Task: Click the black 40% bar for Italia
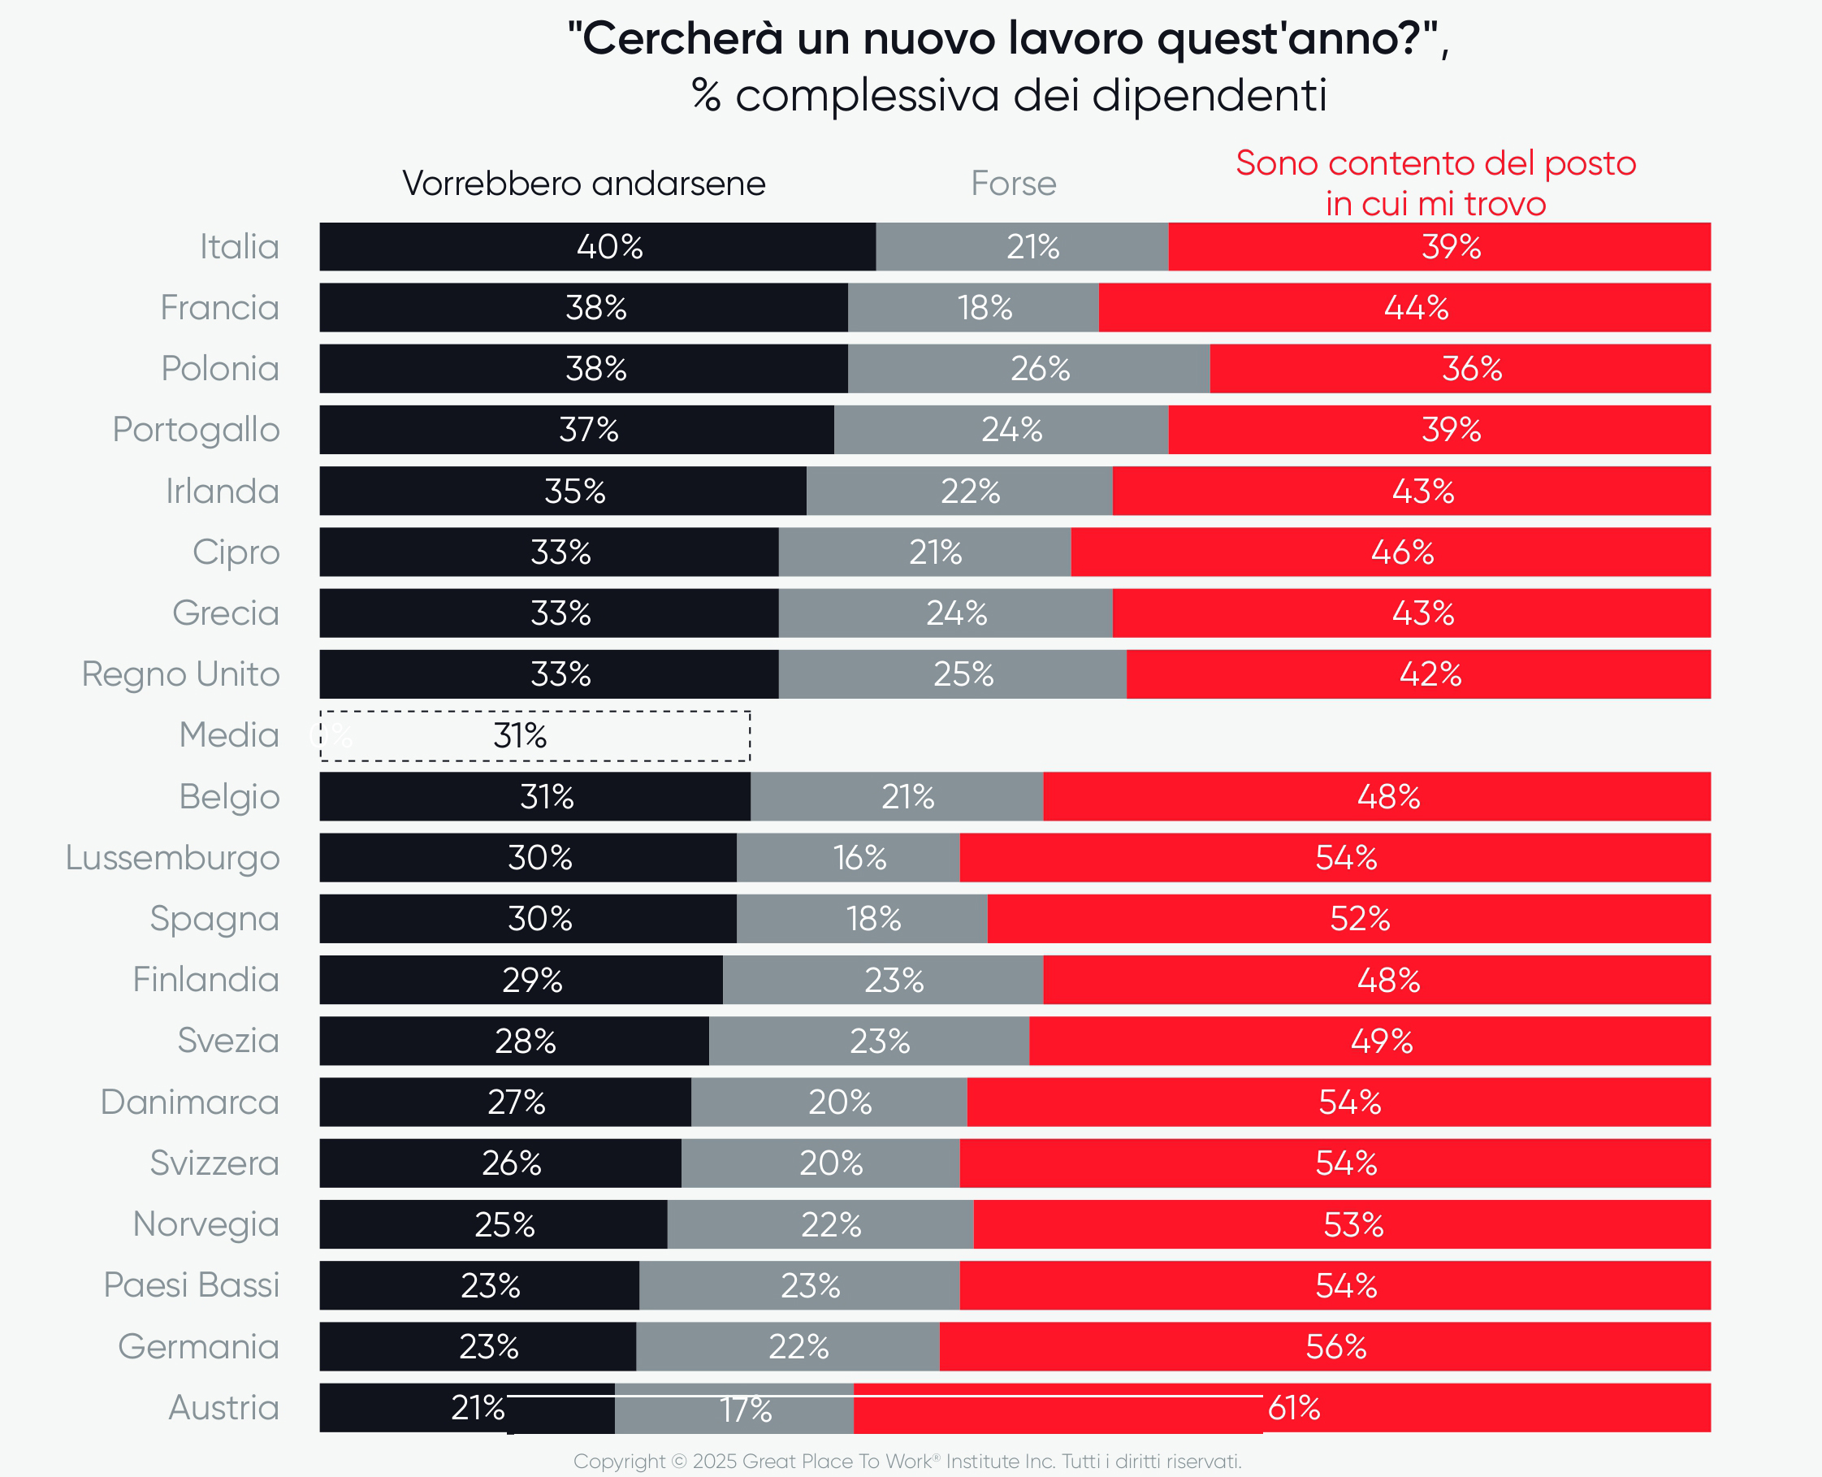[x=597, y=247]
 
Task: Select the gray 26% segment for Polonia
[x=1028, y=368]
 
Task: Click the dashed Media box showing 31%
[x=535, y=736]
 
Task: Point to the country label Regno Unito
[x=180, y=674]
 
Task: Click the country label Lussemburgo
[x=173, y=858]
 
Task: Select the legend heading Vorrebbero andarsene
[x=583, y=184]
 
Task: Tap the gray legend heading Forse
[x=1013, y=184]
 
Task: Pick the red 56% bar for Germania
[x=1324, y=1347]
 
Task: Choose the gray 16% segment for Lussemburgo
[x=848, y=858]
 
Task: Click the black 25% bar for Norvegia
[x=493, y=1224]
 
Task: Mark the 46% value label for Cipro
[x=1402, y=552]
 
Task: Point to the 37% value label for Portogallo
[x=589, y=430]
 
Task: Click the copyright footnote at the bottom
[x=907, y=1461]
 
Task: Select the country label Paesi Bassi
[x=192, y=1284]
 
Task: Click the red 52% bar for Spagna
[x=1348, y=919]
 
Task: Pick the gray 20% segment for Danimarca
[x=829, y=1102]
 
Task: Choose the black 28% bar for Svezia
[x=513, y=1041]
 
